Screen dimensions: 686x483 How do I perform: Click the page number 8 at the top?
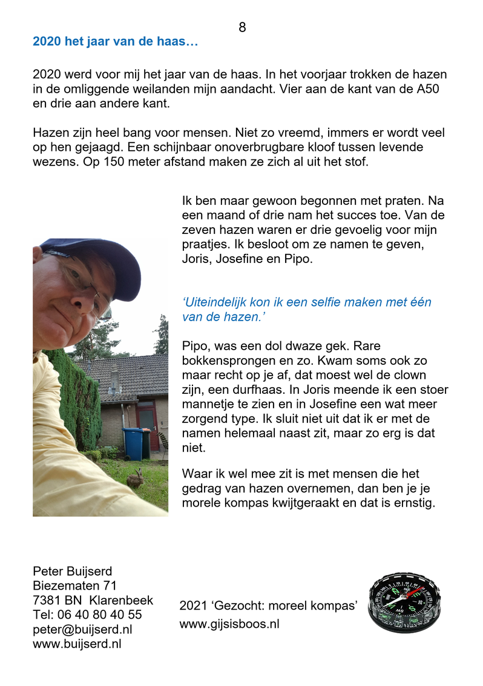point(242,27)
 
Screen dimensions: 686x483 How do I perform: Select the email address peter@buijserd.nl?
point(82,629)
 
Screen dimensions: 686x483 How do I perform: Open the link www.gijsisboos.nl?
point(229,624)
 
